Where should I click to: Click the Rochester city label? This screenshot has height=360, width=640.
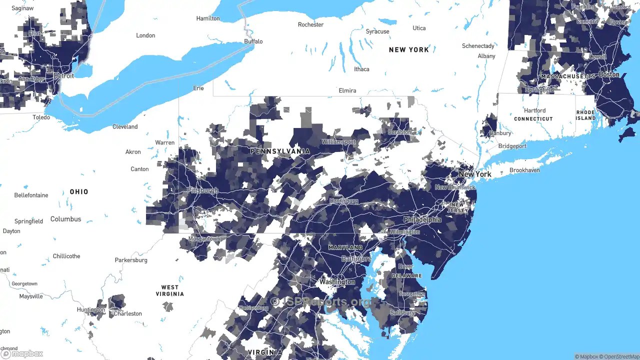(310, 24)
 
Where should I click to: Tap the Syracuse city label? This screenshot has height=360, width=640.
(377, 31)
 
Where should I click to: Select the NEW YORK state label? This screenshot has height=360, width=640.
(408, 49)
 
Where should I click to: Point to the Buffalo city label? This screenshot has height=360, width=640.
(253, 41)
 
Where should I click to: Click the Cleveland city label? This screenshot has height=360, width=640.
(125, 126)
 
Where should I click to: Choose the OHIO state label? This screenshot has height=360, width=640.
(79, 191)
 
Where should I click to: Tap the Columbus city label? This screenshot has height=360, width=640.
(65, 219)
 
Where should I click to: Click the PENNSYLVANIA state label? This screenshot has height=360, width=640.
(280, 151)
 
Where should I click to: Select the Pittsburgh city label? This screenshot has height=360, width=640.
(202, 190)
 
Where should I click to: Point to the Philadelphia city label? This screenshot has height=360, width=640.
(422, 219)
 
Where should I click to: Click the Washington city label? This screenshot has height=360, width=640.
(337, 282)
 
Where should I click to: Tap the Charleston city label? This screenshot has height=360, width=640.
(128, 313)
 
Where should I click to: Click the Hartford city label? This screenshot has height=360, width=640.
(534, 110)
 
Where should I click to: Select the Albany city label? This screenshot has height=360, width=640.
(486, 56)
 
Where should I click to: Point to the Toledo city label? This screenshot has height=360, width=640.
(41, 117)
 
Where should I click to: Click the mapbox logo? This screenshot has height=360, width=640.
(22, 353)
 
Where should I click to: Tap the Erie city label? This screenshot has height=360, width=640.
(198, 88)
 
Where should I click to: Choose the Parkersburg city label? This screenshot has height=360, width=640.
(131, 260)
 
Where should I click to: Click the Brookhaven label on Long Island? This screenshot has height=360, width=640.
(524, 170)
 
